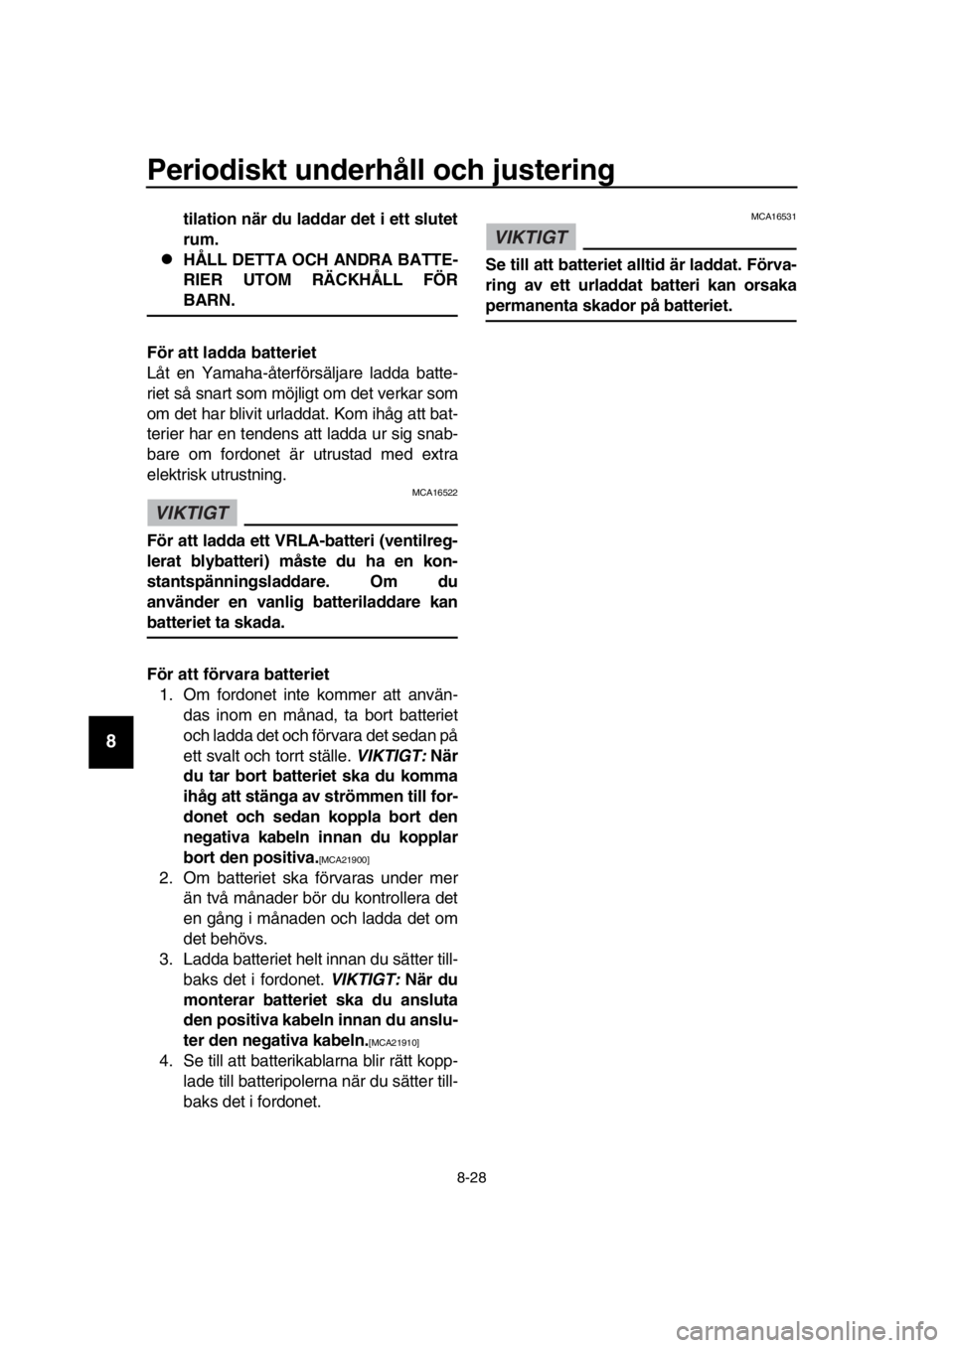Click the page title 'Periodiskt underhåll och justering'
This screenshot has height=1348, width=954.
(x=381, y=170)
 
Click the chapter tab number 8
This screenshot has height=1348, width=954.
(x=110, y=741)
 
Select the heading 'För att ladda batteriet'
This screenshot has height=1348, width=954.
(x=232, y=352)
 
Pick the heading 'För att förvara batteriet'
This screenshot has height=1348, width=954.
(x=238, y=673)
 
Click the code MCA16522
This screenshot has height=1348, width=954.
(x=434, y=493)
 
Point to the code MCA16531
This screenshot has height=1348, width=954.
(x=773, y=218)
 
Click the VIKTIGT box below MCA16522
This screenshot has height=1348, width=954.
(x=192, y=513)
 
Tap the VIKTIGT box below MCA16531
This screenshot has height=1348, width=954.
(x=531, y=237)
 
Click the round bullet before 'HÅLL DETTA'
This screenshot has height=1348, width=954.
(x=164, y=259)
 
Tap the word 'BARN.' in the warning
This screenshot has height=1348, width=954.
(x=210, y=300)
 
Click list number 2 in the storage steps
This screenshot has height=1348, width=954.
(x=167, y=877)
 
